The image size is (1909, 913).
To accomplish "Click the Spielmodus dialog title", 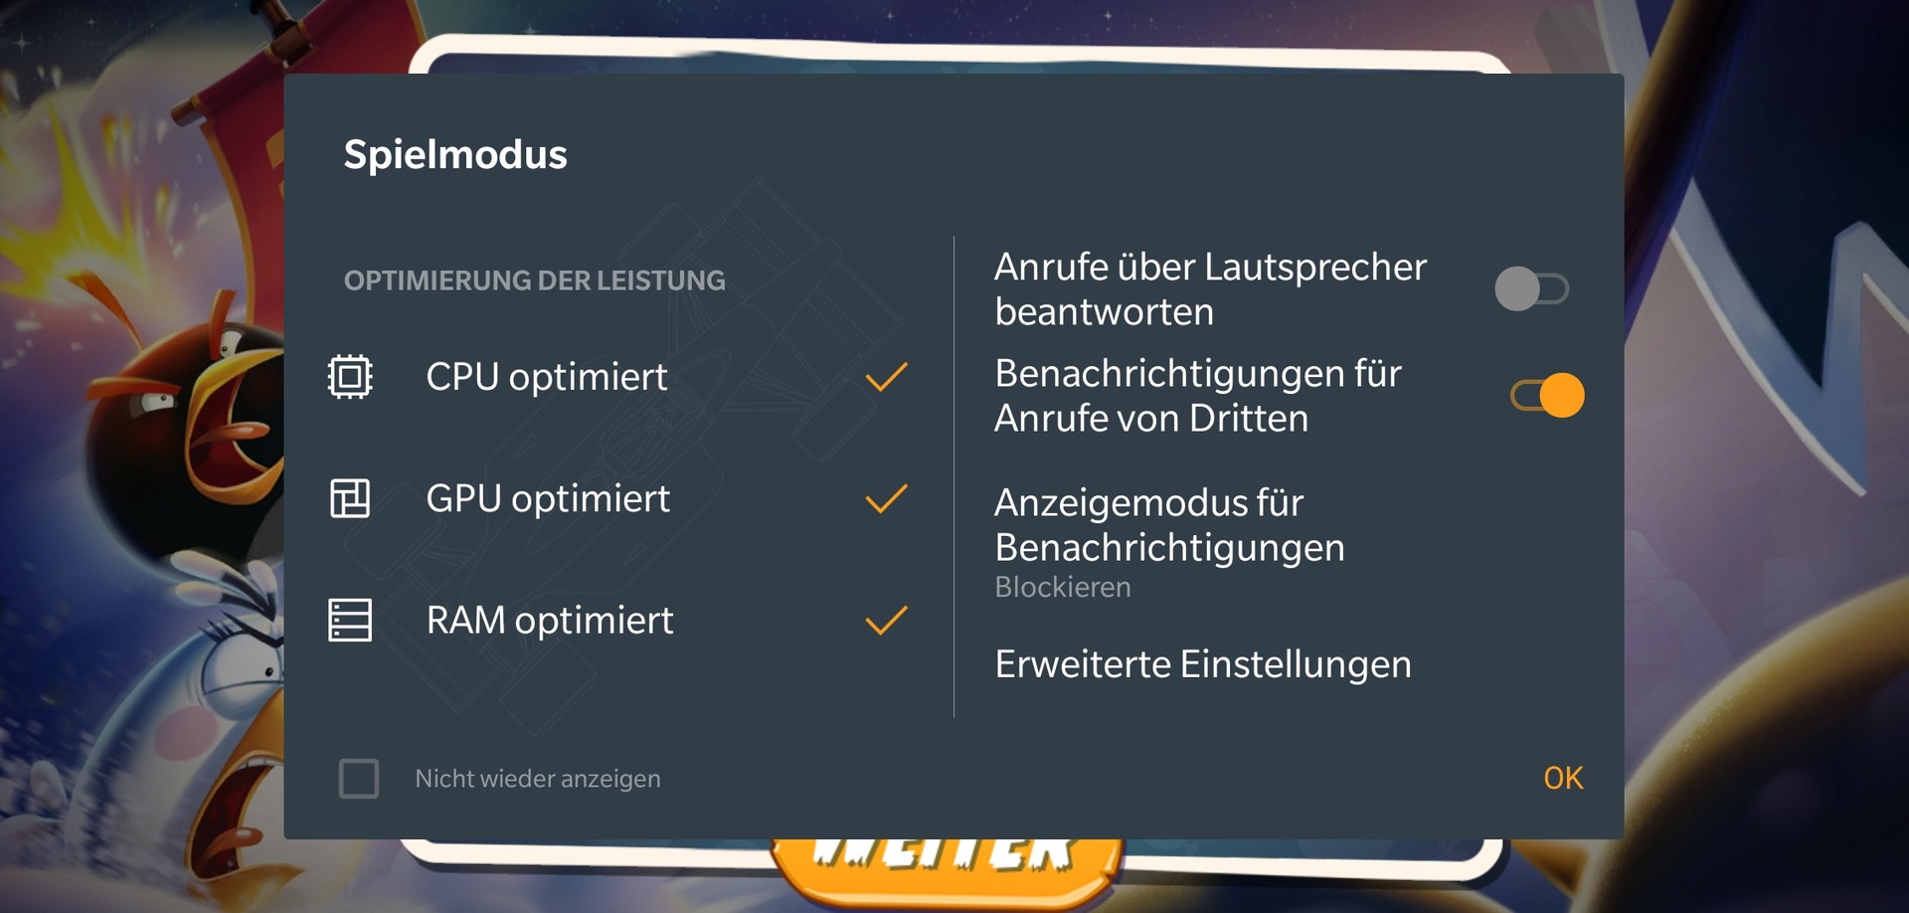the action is coord(455,155).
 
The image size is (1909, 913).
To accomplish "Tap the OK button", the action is coord(1563,778).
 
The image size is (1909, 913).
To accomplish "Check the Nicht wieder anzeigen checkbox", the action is coord(359,779).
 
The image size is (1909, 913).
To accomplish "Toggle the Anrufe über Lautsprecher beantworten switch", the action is coord(1532,289).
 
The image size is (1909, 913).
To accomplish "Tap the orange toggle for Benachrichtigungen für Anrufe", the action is coord(1547,395).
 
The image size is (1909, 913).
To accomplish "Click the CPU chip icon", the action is coord(350,377).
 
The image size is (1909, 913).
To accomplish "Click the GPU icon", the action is coord(350,498).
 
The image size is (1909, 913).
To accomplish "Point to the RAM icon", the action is coord(350,621).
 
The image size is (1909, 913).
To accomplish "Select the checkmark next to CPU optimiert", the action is coord(886,377).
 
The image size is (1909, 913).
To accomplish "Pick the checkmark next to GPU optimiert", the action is coord(886,498).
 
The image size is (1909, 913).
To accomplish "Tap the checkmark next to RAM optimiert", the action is coord(886,621).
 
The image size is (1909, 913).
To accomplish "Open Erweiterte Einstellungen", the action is coord(1203,664).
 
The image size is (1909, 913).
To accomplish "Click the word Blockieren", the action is coord(1063,588).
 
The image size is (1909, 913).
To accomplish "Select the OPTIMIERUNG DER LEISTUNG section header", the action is coord(535,281).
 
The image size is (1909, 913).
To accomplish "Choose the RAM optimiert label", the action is coord(550,621).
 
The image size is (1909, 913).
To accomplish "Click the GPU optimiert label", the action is coord(548,499).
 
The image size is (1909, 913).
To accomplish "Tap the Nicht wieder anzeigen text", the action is coord(538,779).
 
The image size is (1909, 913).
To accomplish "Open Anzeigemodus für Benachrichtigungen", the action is coord(1169,525).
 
